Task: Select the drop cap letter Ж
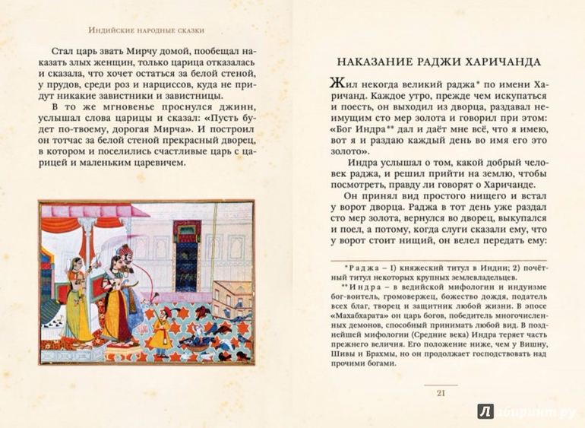click(x=340, y=84)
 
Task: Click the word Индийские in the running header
click(x=113, y=30)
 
